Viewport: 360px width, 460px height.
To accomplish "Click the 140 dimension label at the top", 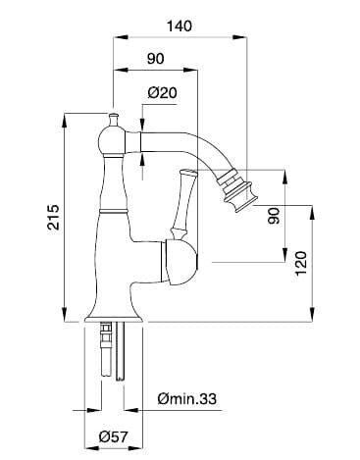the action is click(x=180, y=26).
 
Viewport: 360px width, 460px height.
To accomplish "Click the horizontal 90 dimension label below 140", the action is click(x=155, y=59).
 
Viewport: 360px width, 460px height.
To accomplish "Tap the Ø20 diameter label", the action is click(x=162, y=93).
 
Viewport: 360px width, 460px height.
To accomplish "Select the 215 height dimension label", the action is click(x=53, y=217).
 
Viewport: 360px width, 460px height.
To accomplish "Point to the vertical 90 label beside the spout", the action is click(x=274, y=216).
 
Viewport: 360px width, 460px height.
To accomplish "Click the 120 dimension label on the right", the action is click(x=301, y=263).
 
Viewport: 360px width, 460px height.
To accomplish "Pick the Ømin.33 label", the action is click(x=186, y=398).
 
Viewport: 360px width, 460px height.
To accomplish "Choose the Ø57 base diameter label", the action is click(x=113, y=436).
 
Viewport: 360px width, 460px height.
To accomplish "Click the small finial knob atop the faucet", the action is click(x=113, y=120).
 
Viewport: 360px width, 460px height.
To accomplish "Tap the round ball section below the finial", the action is click(x=112, y=142).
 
